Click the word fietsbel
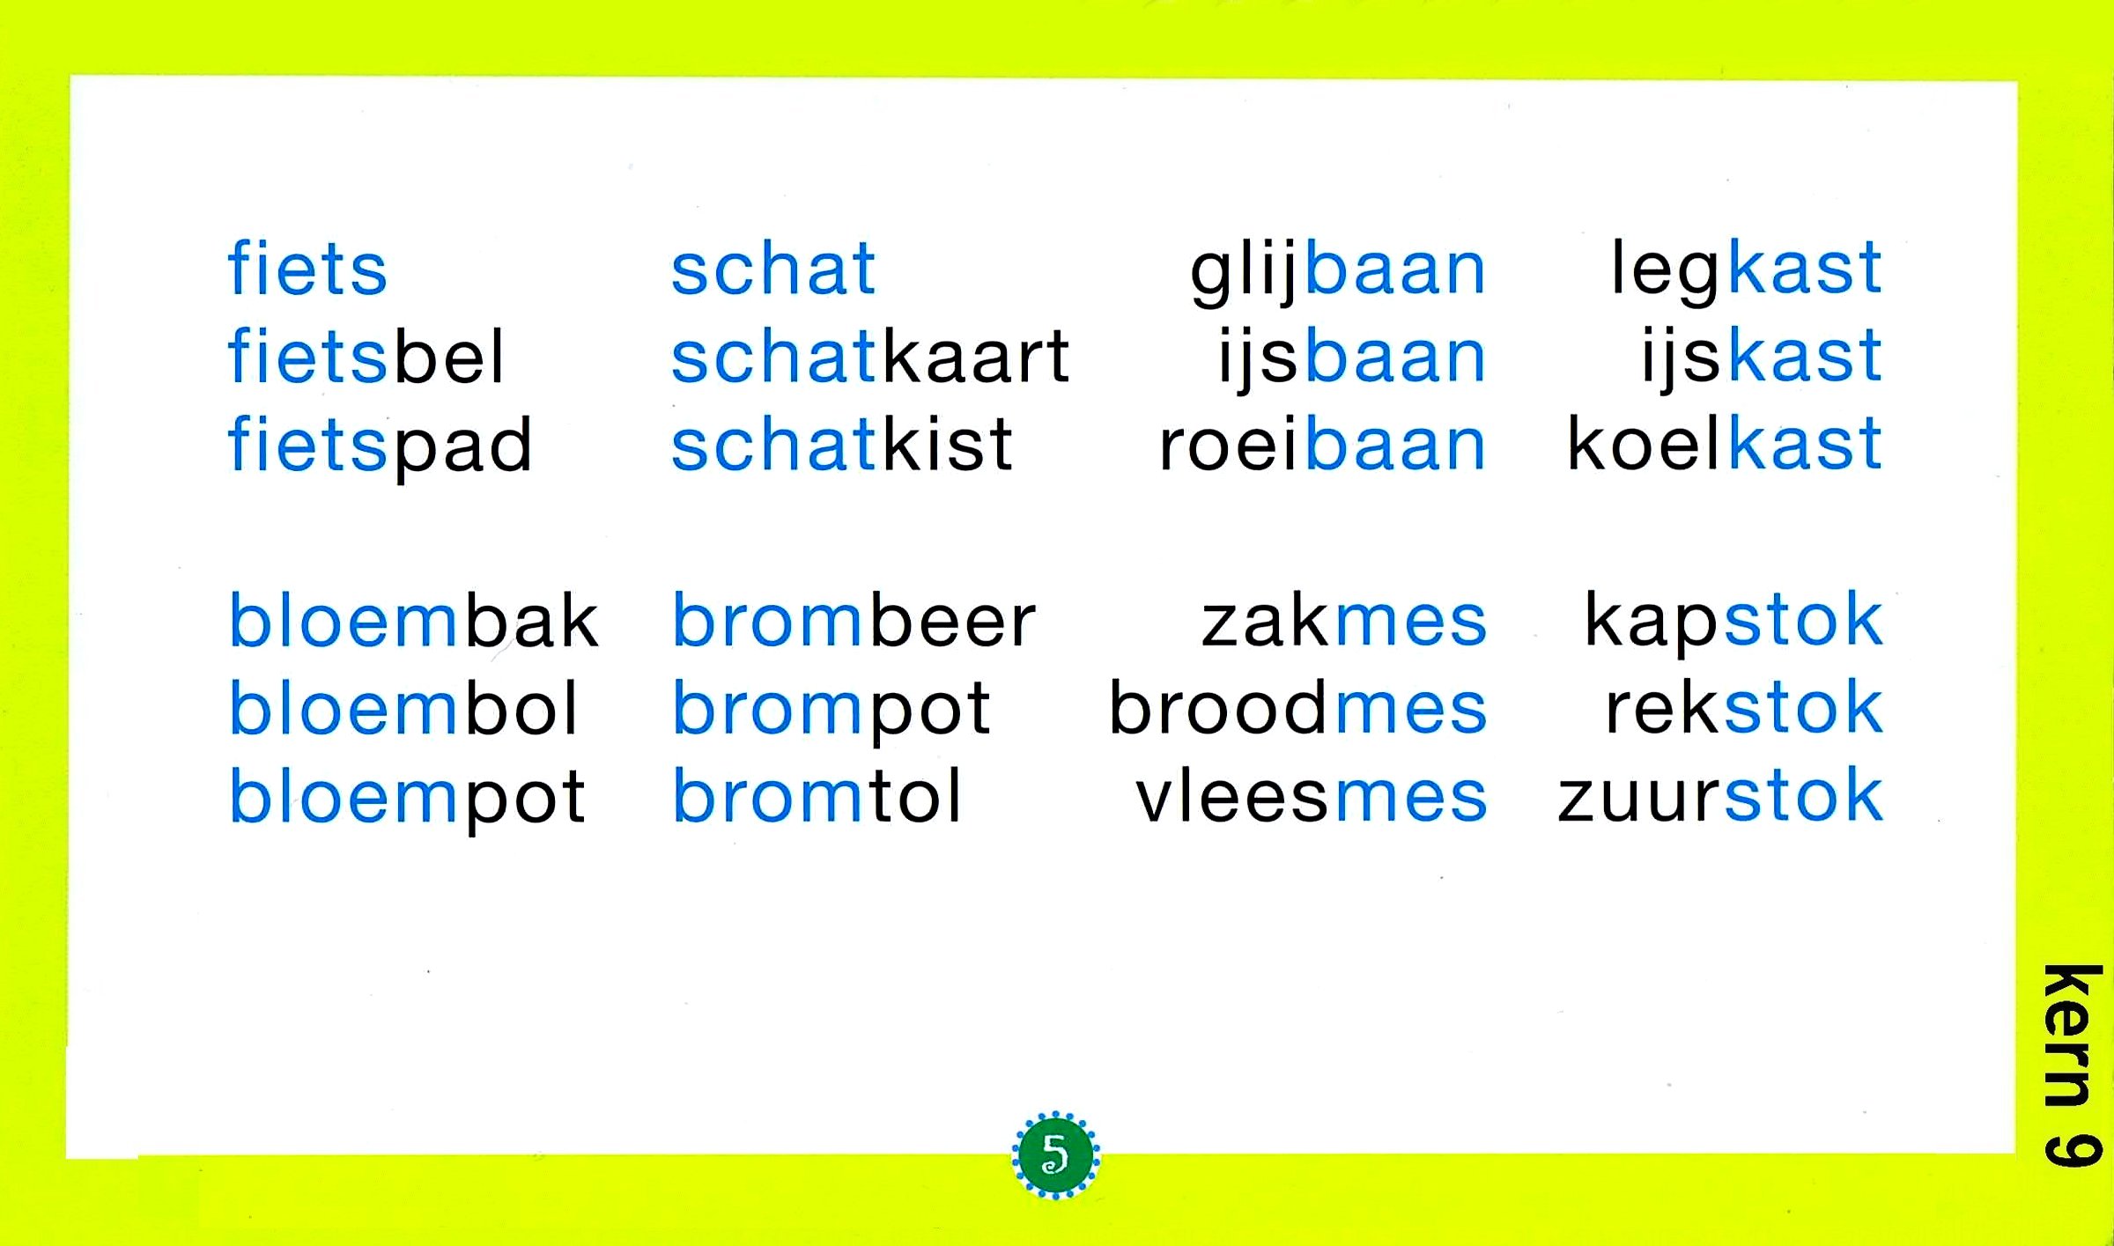tap(366, 355)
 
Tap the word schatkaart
tap(869, 355)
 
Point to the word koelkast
tap(1724, 443)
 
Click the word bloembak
tap(413, 619)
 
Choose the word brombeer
tap(854, 619)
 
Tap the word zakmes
tap(1343, 619)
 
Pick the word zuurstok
tap(1719, 795)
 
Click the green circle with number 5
tap(1055, 1154)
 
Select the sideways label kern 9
tap(2072, 1065)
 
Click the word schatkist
tap(841, 443)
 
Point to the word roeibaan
tap(1322, 443)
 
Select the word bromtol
tap(817, 795)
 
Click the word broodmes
tap(1297, 707)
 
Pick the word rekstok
tap(1743, 707)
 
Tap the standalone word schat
tap(772, 267)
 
